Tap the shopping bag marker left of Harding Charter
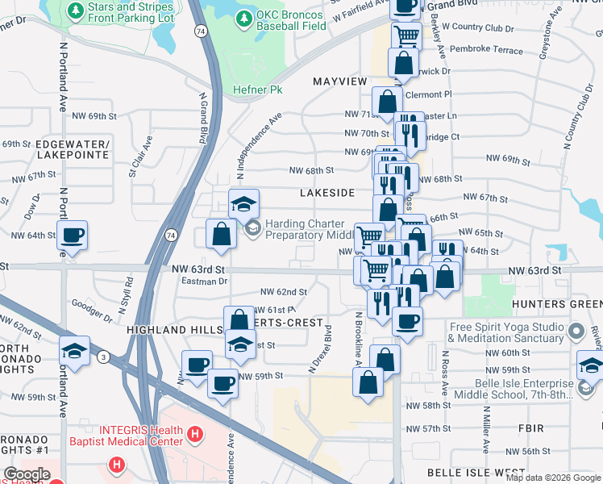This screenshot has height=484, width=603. click(x=222, y=235)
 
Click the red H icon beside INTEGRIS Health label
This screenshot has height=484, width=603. click(x=193, y=436)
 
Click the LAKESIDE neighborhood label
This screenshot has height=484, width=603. click(x=326, y=194)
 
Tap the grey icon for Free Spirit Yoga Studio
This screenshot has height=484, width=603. click(x=576, y=332)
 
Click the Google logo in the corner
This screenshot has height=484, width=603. click(x=27, y=474)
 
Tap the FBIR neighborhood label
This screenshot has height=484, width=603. click(x=531, y=428)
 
